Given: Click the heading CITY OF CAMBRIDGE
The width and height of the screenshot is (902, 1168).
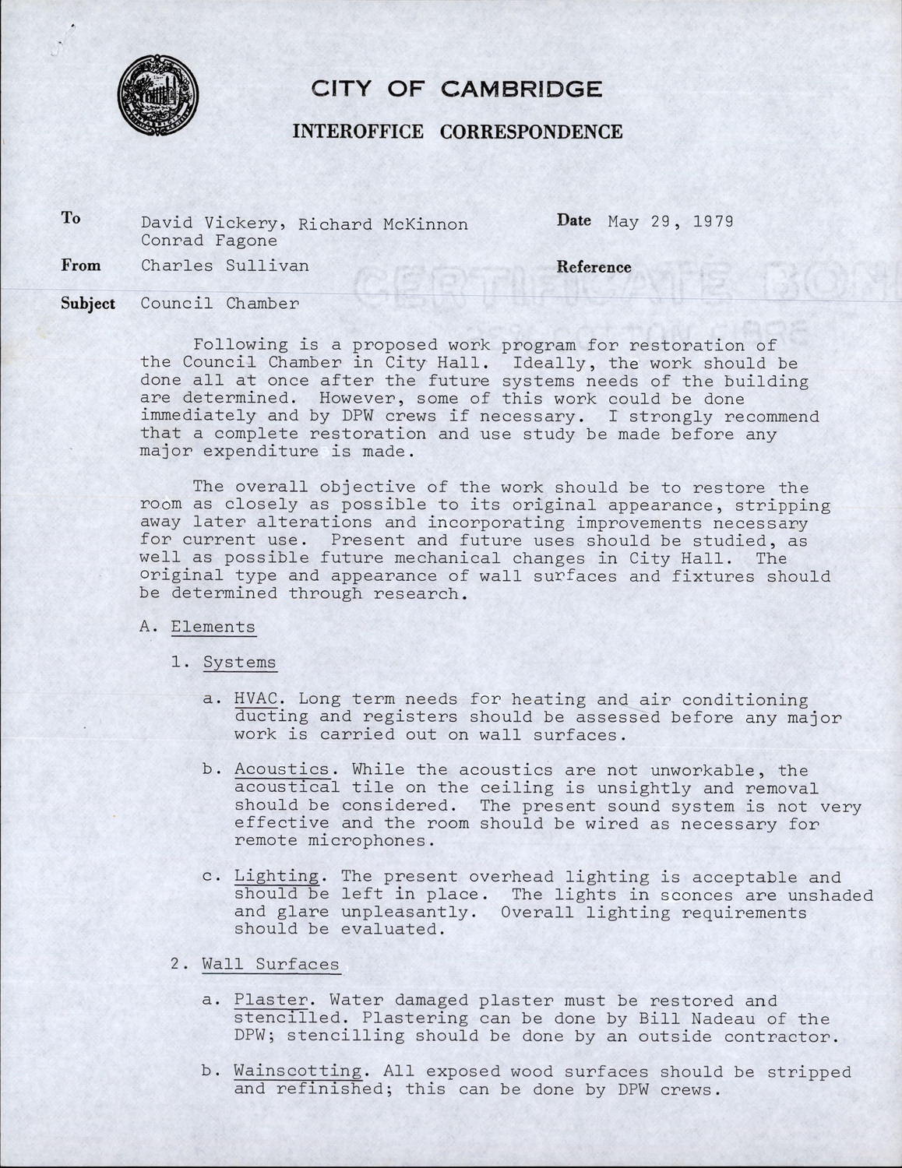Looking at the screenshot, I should [456, 89].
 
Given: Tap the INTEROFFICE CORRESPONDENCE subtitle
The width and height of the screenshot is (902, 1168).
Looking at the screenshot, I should [457, 132].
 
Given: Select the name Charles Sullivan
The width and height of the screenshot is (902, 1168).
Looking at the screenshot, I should [224, 266].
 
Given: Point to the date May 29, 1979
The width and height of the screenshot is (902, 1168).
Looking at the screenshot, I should [670, 221].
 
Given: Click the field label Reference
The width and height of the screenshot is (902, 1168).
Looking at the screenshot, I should [594, 267].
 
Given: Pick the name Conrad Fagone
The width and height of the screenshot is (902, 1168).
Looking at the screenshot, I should [209, 241].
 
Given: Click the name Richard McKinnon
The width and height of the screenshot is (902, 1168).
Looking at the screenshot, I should [383, 224].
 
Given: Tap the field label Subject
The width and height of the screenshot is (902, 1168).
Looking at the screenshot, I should [88, 304].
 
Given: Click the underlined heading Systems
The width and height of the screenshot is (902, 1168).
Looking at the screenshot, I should [239, 663].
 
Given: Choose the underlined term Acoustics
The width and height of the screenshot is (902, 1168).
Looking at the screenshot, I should [282, 769].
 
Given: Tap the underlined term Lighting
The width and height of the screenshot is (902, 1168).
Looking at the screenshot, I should [277, 877].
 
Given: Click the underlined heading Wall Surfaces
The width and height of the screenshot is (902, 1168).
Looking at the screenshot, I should [270, 964].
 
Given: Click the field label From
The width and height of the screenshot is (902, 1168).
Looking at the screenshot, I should [81, 266].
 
